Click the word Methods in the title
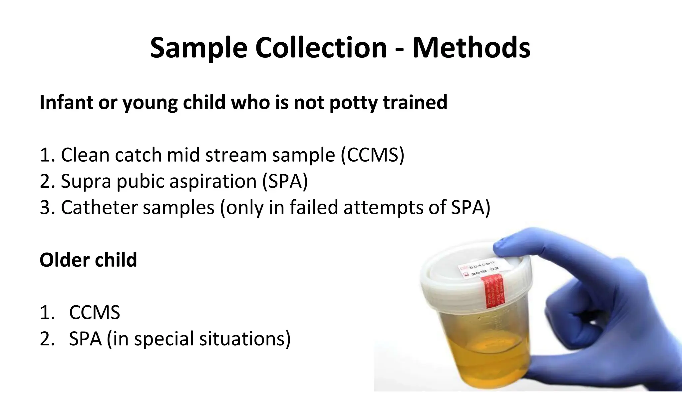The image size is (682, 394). [471, 48]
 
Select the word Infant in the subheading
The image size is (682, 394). [66, 102]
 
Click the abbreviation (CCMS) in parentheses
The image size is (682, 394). [372, 155]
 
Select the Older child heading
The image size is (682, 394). [88, 260]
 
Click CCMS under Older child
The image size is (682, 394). [94, 313]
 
